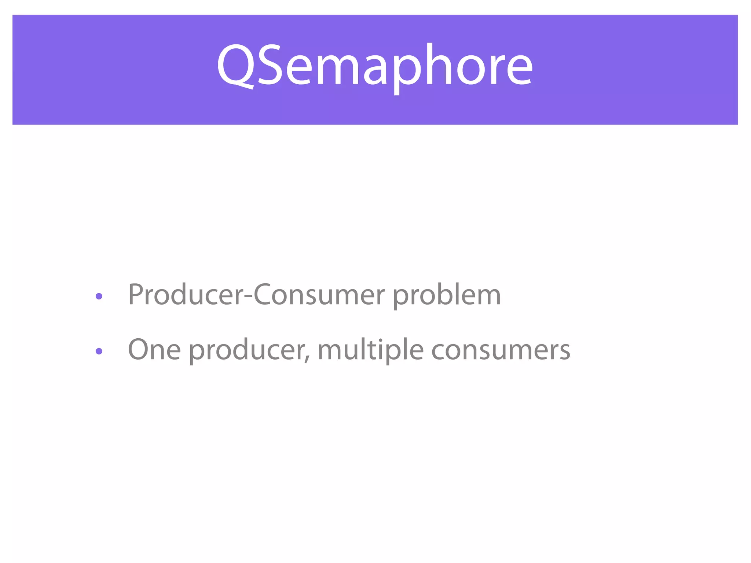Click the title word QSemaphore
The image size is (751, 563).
[x=375, y=66]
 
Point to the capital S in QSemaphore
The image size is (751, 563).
[x=270, y=65]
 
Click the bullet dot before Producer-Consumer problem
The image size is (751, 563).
[x=99, y=296]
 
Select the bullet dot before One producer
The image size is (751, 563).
[x=99, y=351]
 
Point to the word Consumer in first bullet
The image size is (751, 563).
[x=319, y=295]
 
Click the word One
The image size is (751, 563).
[x=154, y=350]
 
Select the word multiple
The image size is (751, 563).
[x=370, y=350]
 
